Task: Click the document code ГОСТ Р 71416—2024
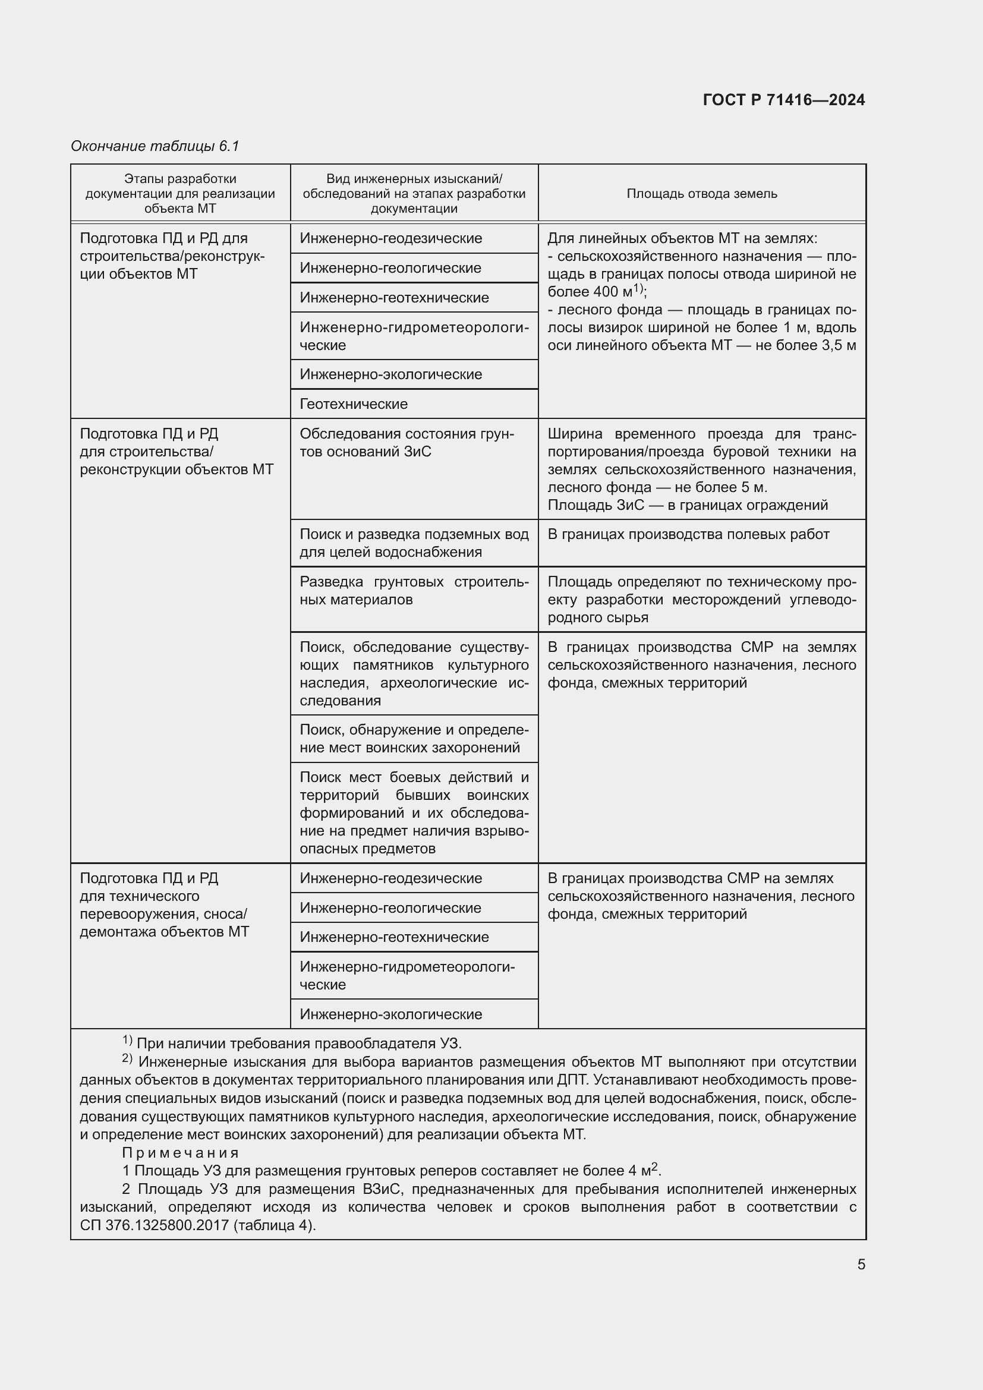[783, 100]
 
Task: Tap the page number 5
[861, 1264]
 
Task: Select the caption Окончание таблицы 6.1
[155, 146]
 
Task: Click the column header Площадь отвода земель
[701, 194]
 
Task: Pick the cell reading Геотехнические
[354, 404]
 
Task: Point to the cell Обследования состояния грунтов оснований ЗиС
[406, 443]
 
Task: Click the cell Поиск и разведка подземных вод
[414, 543]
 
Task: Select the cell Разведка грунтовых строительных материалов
[414, 591]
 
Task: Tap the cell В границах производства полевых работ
[688, 535]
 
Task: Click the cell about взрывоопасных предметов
[414, 812]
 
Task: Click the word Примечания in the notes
[181, 1153]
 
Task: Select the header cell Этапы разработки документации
[179, 194]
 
